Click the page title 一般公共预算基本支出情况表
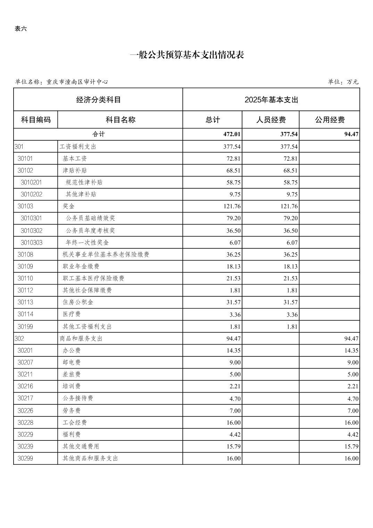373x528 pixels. (x=186, y=55)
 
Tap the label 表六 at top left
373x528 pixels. (x=20, y=29)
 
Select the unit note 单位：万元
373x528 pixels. (x=343, y=82)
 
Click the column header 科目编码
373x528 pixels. (x=36, y=120)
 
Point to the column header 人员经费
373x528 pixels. (x=271, y=120)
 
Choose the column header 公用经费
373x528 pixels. (x=329, y=120)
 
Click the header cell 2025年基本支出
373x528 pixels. (x=271, y=100)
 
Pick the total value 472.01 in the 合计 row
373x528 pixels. (x=232, y=134)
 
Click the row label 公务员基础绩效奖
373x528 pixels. (x=90, y=218)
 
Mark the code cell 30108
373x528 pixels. (x=25, y=255)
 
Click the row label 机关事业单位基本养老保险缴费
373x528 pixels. (x=106, y=255)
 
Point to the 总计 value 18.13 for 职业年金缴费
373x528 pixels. (x=233, y=266)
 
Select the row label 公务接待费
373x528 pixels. (x=78, y=398)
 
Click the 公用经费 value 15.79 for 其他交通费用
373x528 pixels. (x=351, y=446)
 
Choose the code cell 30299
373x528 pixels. (x=25, y=459)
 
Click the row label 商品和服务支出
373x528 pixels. (x=81, y=338)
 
